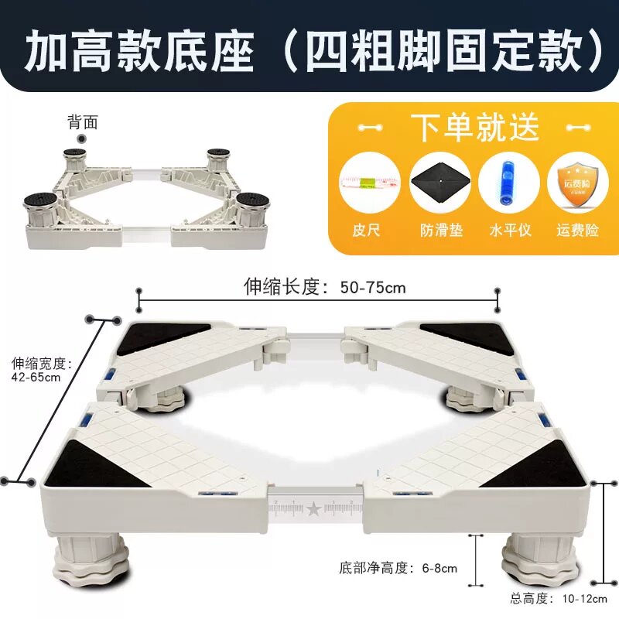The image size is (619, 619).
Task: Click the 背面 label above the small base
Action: point(83,122)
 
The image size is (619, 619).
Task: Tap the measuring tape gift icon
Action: point(370,183)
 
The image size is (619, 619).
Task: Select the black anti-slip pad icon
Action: point(440,182)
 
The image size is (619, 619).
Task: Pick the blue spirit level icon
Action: point(508,182)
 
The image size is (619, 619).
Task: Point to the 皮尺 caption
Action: point(366,230)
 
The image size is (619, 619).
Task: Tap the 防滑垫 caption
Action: point(441,230)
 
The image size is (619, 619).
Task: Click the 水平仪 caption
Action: point(510,230)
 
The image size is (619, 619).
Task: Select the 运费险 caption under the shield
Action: point(578,230)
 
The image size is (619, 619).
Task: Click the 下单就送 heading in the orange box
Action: point(475,127)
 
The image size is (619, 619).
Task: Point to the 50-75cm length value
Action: point(373,287)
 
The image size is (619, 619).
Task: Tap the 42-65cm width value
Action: point(36,377)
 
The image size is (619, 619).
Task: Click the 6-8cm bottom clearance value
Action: point(439,569)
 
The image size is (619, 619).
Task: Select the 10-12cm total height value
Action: point(585,599)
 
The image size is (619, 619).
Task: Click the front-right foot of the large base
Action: point(541,556)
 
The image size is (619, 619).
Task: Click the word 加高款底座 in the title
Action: point(139,52)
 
